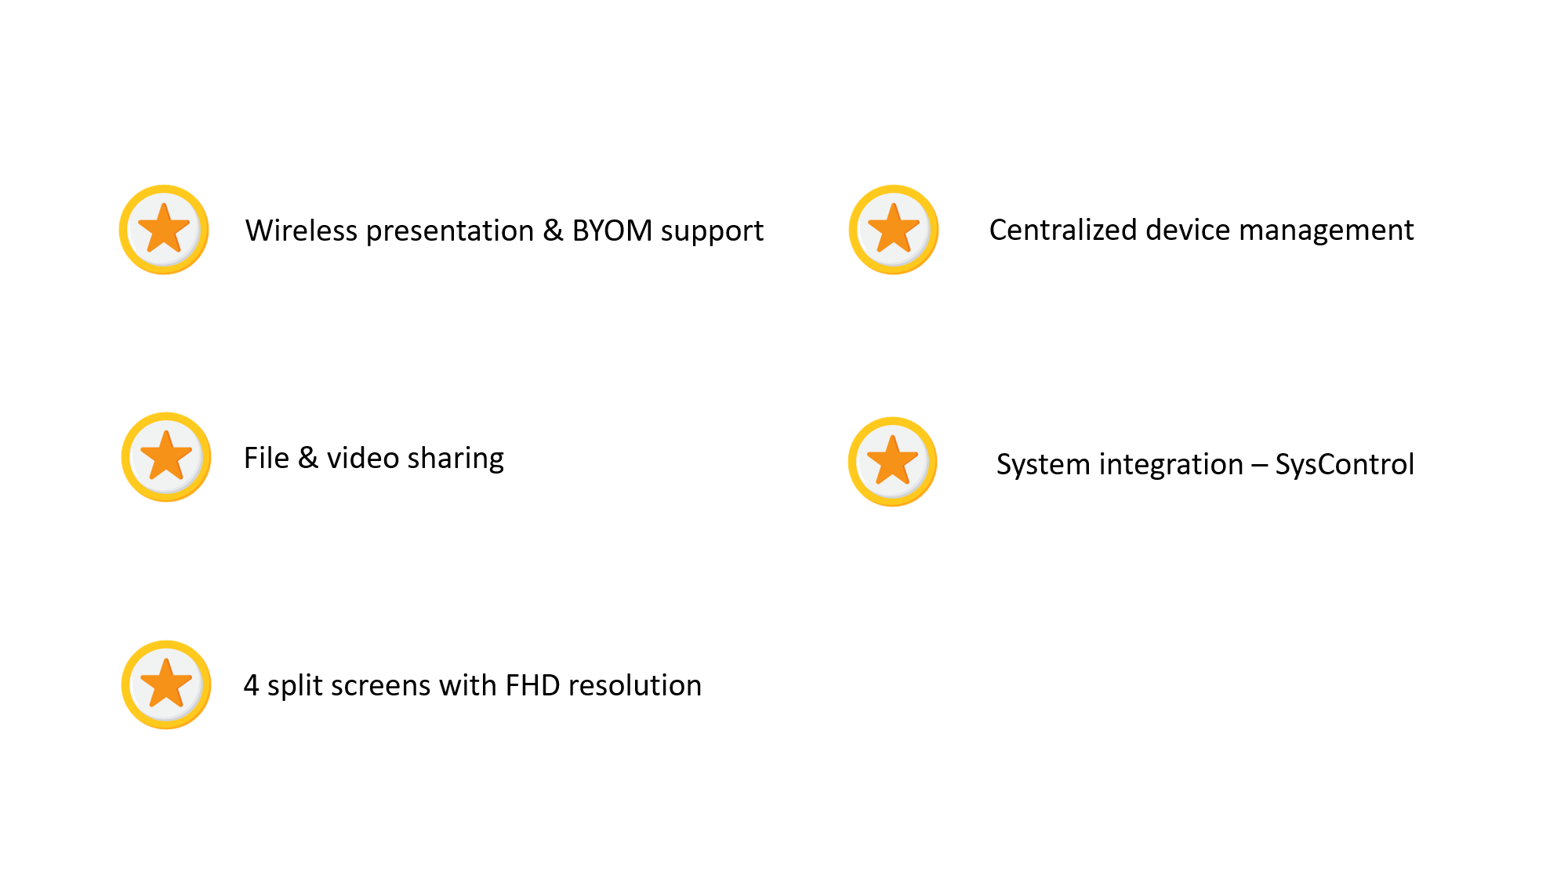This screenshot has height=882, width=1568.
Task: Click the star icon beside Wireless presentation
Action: click(x=164, y=230)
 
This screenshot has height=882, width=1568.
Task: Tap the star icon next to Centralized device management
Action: click(x=893, y=230)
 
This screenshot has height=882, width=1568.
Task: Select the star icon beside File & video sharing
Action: click(x=166, y=457)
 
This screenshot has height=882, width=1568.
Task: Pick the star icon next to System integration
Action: click(x=892, y=462)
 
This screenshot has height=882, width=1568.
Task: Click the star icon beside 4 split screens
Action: click(x=166, y=684)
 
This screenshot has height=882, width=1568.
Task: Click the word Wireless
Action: click(x=301, y=230)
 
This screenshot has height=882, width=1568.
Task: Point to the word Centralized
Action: click(x=1062, y=230)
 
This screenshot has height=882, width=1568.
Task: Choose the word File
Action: click(x=266, y=458)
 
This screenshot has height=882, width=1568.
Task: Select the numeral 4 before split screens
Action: click(x=251, y=685)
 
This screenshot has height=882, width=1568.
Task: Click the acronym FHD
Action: click(x=532, y=685)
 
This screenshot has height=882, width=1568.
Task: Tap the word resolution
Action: click(x=634, y=685)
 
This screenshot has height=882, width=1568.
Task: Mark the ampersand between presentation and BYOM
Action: click(x=553, y=230)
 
